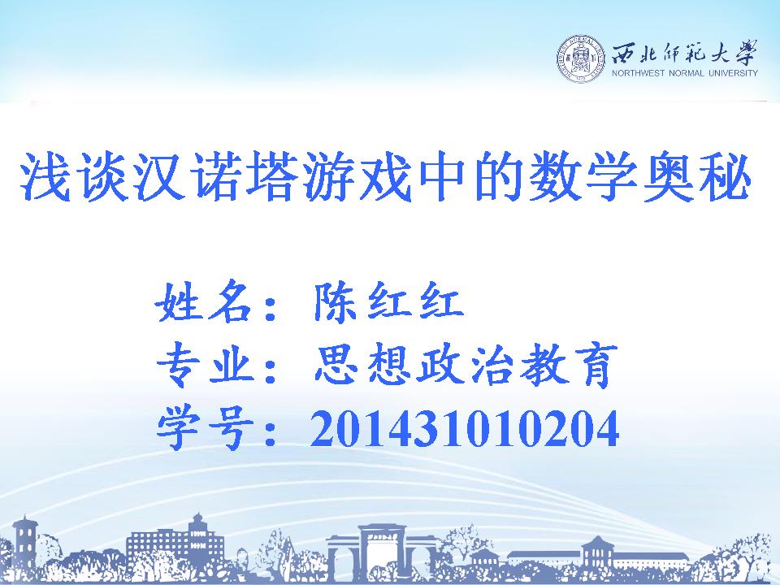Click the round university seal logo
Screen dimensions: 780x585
coord(580,58)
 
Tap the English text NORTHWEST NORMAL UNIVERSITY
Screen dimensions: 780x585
coord(684,73)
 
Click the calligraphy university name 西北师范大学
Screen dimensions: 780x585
coord(684,52)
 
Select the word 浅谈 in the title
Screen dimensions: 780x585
coord(71,176)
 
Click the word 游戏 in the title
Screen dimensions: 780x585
coord(356,176)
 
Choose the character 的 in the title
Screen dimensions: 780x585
coord(497,176)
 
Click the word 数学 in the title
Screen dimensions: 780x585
coord(583,176)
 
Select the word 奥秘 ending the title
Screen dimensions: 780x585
coord(696,176)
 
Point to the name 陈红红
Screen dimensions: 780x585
coord(388,301)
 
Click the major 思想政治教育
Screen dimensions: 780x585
coord(466,365)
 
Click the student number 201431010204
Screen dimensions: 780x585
coord(465,429)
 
